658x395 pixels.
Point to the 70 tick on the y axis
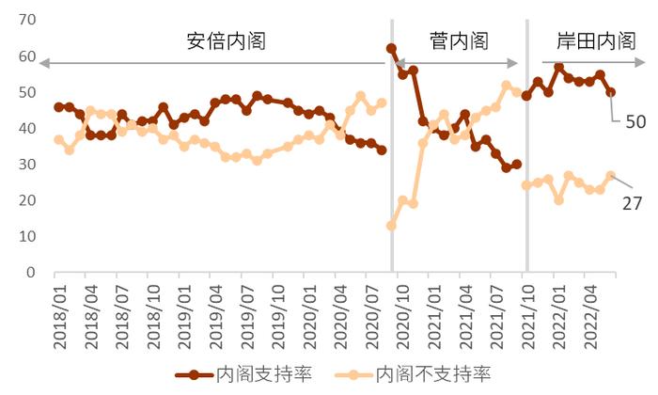(26, 20)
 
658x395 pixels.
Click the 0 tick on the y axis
(31, 273)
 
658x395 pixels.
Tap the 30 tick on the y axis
(26, 165)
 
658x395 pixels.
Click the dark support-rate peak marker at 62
(391, 49)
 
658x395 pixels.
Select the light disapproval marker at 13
(391, 226)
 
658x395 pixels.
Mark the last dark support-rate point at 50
(610, 92)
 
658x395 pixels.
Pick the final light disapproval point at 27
(610, 176)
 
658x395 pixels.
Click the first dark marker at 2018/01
(59, 107)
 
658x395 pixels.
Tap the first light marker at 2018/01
(59, 139)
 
